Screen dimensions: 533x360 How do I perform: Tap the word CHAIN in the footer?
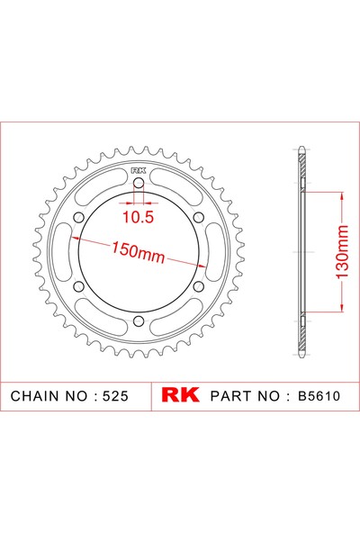[x=36, y=396]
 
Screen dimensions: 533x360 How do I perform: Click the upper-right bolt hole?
[x=199, y=220]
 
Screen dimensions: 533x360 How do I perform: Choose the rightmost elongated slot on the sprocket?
[x=216, y=255]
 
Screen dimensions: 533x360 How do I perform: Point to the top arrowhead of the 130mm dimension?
[x=341, y=193]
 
